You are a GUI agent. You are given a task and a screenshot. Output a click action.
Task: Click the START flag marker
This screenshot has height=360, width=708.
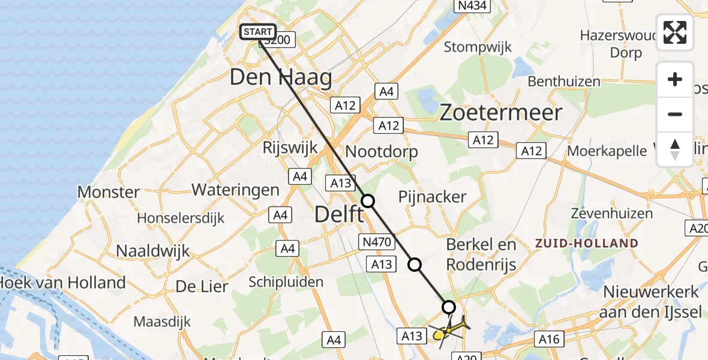point(258,32)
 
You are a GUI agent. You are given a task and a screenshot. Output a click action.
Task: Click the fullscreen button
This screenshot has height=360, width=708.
point(675,32)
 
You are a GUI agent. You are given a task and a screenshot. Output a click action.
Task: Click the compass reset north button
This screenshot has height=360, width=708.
point(675,149)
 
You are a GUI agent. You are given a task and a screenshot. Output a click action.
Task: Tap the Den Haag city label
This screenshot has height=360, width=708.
point(281,77)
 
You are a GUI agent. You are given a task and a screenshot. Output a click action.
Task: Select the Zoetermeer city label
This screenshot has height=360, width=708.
point(501,113)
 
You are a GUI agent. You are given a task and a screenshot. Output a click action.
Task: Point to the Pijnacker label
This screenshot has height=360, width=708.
point(433,197)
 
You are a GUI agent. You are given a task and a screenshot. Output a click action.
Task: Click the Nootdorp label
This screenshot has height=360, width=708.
point(382,151)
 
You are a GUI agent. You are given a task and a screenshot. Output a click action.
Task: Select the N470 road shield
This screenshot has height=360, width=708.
point(377,242)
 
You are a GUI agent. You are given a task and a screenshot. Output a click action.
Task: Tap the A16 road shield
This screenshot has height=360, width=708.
point(548,339)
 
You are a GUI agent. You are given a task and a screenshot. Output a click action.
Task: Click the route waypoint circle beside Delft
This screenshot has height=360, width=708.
point(368,202)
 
